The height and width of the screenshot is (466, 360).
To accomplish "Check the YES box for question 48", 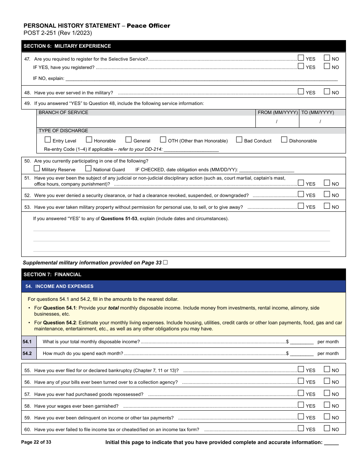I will coord(301,91).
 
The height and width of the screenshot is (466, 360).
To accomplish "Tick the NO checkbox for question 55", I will coord(327,369).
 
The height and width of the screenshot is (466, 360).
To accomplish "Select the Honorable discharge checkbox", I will coord(89,140).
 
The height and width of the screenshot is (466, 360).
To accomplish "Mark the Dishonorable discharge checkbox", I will coord(284,140).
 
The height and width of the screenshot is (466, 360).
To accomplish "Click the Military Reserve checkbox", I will coord(37,169).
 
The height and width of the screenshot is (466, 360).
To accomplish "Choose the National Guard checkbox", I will coord(88,169).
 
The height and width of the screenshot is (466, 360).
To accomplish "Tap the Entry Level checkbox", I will coord(48,140).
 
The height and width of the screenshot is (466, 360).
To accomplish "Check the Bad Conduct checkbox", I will coord(239,140).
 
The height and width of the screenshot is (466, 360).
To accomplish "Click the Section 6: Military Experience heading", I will coord(67,46).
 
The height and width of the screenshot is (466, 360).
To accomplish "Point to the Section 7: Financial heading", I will coord(53,275).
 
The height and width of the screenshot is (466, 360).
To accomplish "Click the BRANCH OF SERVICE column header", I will coord(63,113).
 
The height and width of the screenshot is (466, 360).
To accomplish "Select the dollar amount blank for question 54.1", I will coord(302,342).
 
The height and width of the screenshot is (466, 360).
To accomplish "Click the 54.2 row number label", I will coord(27,353).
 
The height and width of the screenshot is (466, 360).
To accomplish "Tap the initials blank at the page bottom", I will coord(332,443).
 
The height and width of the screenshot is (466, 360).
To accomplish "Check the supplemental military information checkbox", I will coord(165,263).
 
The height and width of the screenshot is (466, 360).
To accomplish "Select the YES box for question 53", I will coord(301,206).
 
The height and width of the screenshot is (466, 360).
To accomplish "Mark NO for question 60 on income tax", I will coord(327,428).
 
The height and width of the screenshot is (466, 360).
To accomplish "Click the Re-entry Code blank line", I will coord(191,150).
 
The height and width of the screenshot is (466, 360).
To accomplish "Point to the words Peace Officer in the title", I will coord(148,26).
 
